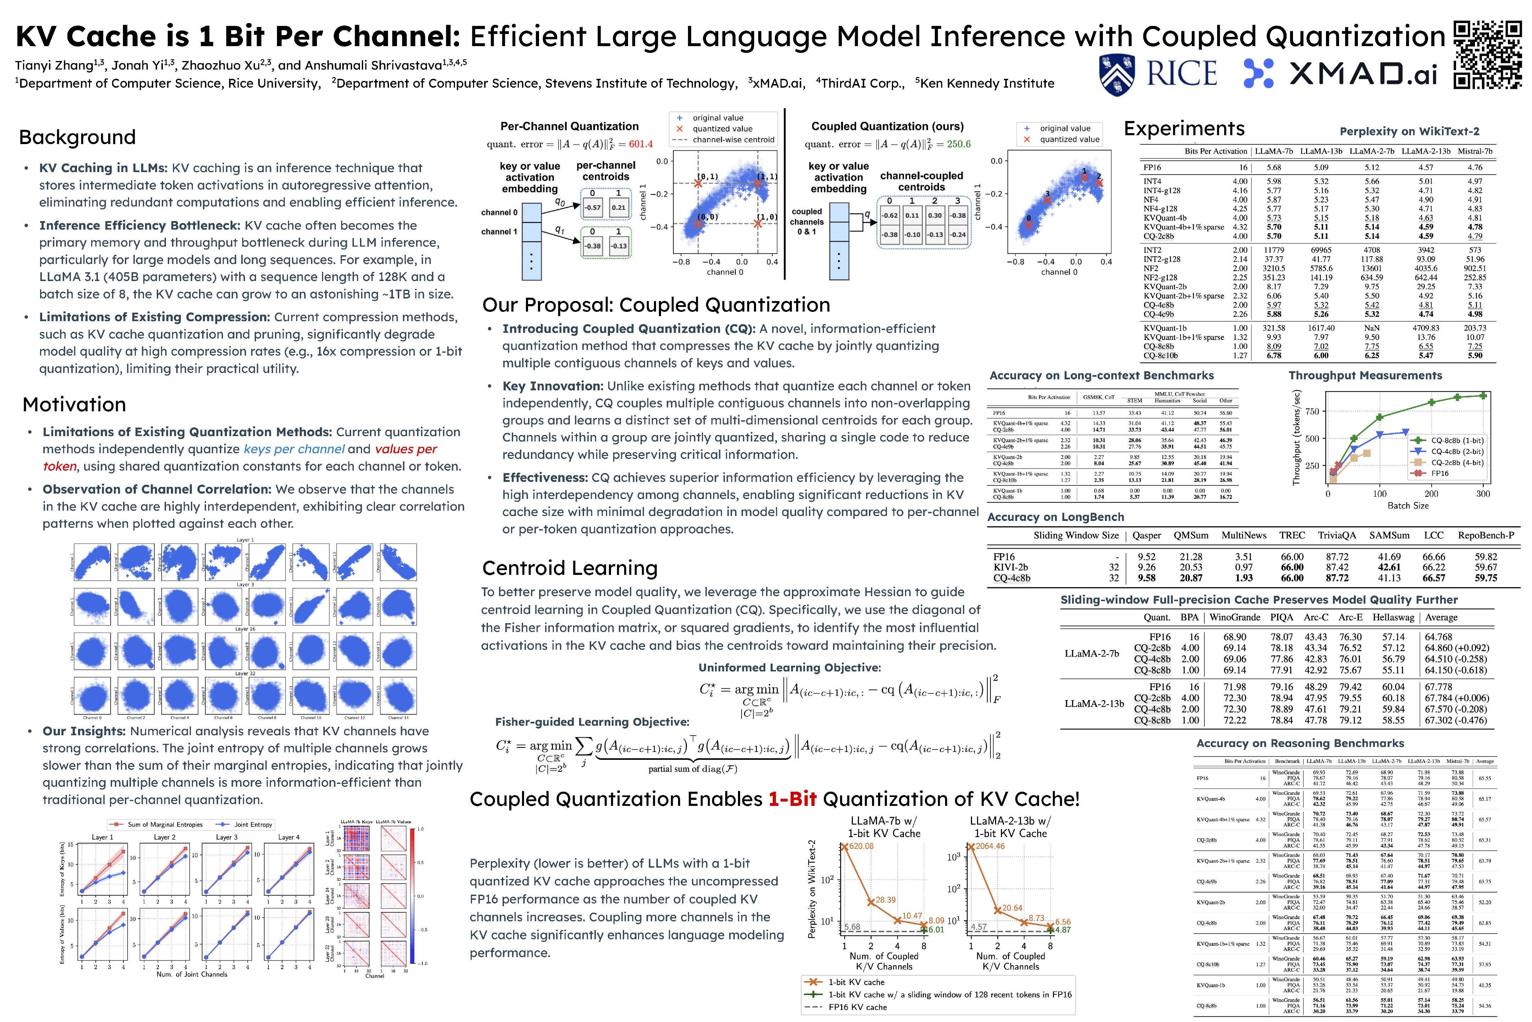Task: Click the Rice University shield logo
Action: [x=1116, y=74]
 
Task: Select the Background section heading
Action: [x=78, y=138]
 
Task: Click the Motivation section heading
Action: [x=74, y=405]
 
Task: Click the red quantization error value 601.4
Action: [x=640, y=144]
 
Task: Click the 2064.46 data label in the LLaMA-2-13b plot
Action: [x=990, y=846]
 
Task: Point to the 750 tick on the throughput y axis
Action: [x=1312, y=411]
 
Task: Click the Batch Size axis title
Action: [x=1408, y=506]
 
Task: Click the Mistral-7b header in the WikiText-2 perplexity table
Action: [x=1475, y=151]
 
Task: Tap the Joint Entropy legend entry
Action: [x=253, y=824]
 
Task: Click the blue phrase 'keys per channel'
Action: [x=294, y=449]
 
